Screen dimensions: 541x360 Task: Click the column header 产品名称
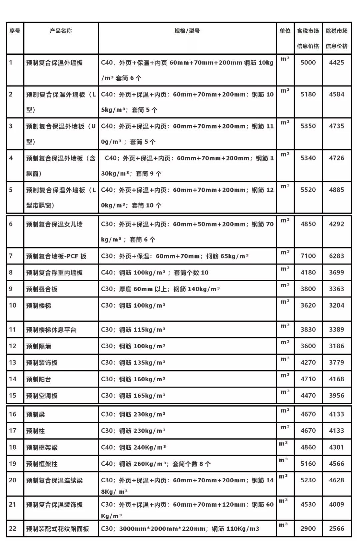(61, 31)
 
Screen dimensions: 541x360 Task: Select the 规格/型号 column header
(187, 31)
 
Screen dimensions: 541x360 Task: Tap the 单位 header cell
(285, 31)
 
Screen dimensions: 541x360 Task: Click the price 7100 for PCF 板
(308, 256)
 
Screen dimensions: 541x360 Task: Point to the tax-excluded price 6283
(336, 256)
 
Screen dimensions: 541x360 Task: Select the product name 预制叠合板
(42, 289)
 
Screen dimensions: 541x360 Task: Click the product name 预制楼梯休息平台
(51, 330)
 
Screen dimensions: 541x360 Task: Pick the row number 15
(13, 396)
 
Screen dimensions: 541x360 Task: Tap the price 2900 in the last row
(308, 529)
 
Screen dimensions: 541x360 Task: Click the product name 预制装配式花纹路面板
(58, 529)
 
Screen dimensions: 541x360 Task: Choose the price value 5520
(308, 190)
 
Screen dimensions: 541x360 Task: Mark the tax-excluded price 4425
(336, 62)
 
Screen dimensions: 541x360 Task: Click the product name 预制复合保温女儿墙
(54, 224)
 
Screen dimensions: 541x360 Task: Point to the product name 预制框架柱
(42, 464)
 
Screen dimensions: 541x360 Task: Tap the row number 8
(11, 273)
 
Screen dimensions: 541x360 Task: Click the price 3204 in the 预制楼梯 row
(336, 306)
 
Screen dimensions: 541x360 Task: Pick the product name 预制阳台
(39, 379)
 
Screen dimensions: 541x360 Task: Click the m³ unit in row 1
(285, 59)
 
